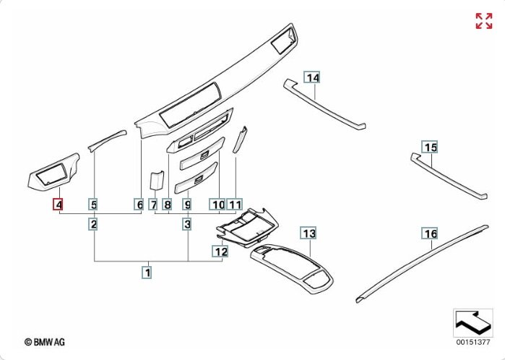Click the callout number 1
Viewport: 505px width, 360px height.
pos(147,273)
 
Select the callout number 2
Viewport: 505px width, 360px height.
pos(94,225)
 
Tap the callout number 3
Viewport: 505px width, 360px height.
pos(187,225)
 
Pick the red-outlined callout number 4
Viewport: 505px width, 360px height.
pos(58,205)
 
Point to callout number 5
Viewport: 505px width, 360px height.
pos(94,205)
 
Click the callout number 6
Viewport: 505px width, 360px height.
pos(139,205)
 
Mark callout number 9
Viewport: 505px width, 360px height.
pos(187,205)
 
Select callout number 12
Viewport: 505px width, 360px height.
pos(220,252)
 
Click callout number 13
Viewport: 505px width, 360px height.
pos(308,233)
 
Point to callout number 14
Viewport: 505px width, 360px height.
pos(312,77)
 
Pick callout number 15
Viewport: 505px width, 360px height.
pos(431,148)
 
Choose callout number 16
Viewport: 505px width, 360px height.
pos(431,233)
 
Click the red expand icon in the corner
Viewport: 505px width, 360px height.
pos(483,21)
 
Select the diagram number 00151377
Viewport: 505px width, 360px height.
pos(472,341)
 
